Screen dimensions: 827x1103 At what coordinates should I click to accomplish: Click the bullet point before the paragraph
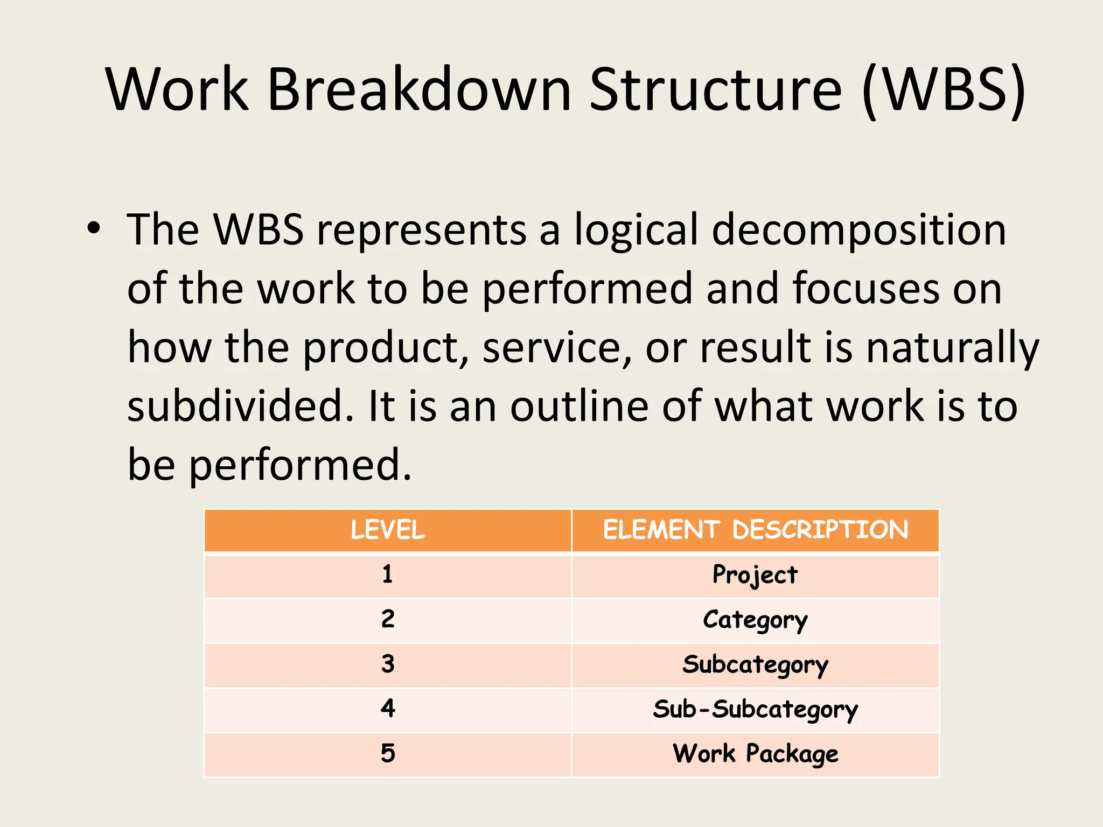[94, 228]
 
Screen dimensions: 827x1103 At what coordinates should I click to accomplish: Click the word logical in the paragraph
[636, 230]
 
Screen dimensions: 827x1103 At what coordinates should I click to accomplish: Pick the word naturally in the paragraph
[952, 348]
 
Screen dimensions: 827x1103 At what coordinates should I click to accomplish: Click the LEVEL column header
[388, 530]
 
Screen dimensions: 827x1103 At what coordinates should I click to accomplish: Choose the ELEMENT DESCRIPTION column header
[755, 530]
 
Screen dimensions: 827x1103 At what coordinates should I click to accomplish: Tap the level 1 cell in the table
[388, 575]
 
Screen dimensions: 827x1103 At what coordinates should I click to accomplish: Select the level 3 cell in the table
[388, 664]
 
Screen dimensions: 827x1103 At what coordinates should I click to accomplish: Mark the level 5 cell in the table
[388, 754]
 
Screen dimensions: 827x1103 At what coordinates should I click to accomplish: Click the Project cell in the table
[755, 575]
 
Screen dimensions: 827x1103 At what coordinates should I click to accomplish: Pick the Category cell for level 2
[755, 620]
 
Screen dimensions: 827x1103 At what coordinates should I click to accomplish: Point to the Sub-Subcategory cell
[755, 710]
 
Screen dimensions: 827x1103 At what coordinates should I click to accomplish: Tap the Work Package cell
[755, 754]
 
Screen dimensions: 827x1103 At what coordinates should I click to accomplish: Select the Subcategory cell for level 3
[755, 665]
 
